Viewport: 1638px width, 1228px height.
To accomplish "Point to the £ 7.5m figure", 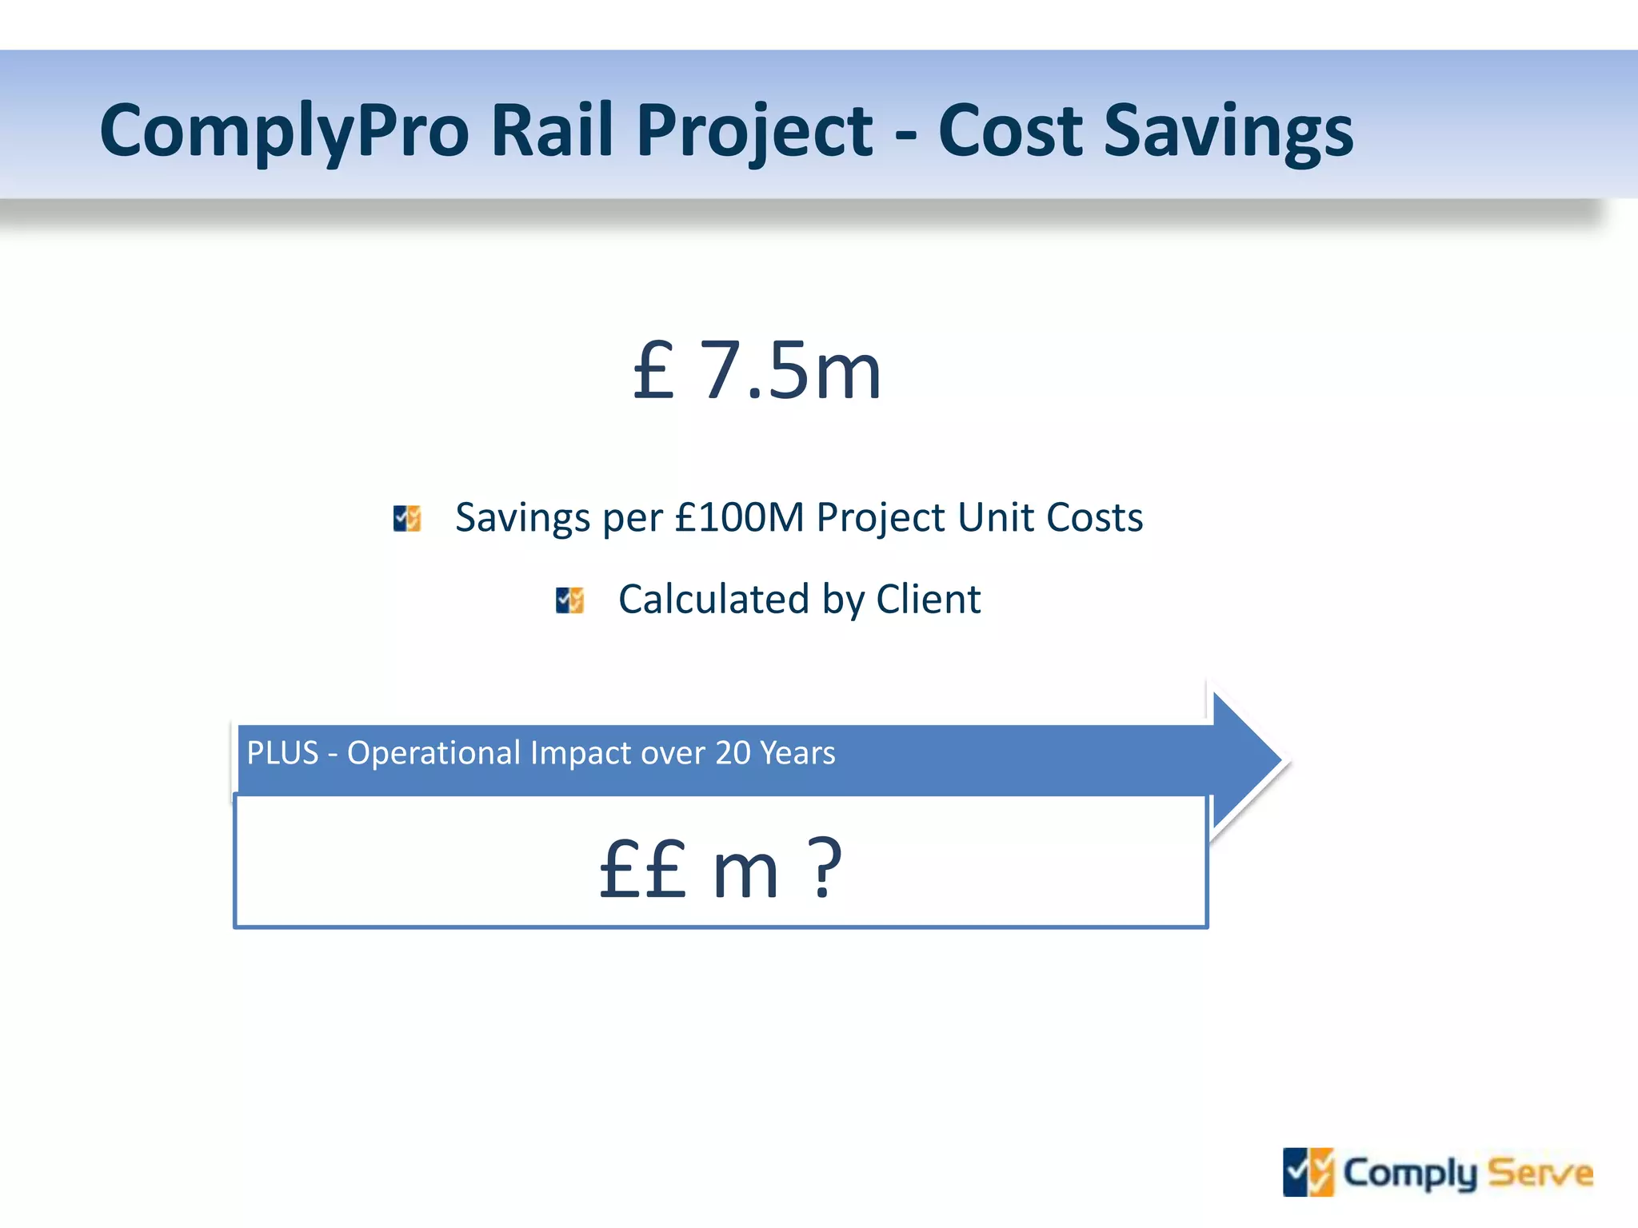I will tap(757, 370).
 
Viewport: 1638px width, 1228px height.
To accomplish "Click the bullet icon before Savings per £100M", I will tap(407, 518).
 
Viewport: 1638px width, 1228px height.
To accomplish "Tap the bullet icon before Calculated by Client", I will tap(569, 600).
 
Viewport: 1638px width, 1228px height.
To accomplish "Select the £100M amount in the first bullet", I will tap(739, 517).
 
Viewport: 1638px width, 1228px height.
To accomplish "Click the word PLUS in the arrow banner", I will tap(282, 753).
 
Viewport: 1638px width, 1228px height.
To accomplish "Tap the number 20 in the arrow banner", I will tap(732, 753).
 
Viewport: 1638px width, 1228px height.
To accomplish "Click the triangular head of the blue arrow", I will tap(1244, 760).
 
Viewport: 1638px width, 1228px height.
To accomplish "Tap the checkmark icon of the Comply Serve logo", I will tap(1308, 1172).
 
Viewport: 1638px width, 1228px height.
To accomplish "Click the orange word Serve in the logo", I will tap(1540, 1173).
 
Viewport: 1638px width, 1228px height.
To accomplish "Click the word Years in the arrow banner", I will tap(797, 753).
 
